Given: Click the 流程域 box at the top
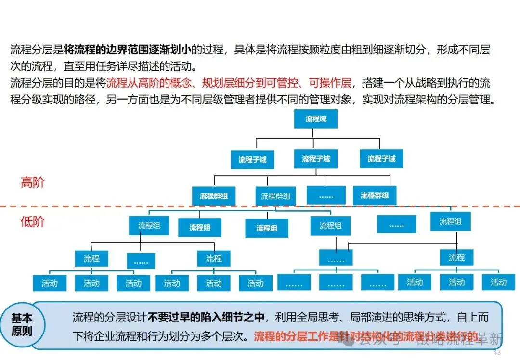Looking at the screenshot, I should click(x=315, y=119).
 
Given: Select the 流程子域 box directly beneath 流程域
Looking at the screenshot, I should click(x=316, y=159).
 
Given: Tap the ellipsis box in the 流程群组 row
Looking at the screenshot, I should click(x=326, y=195).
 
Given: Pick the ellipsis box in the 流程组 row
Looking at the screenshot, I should click(x=396, y=224).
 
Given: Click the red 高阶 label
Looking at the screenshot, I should click(x=32, y=182).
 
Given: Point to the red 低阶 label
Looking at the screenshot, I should click(x=32, y=221).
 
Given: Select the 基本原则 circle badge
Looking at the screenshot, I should click(x=22, y=325).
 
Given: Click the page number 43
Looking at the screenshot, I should click(x=497, y=353).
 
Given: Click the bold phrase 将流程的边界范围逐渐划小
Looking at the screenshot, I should click(x=128, y=50).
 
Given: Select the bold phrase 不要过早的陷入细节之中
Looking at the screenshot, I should click(x=207, y=317).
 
